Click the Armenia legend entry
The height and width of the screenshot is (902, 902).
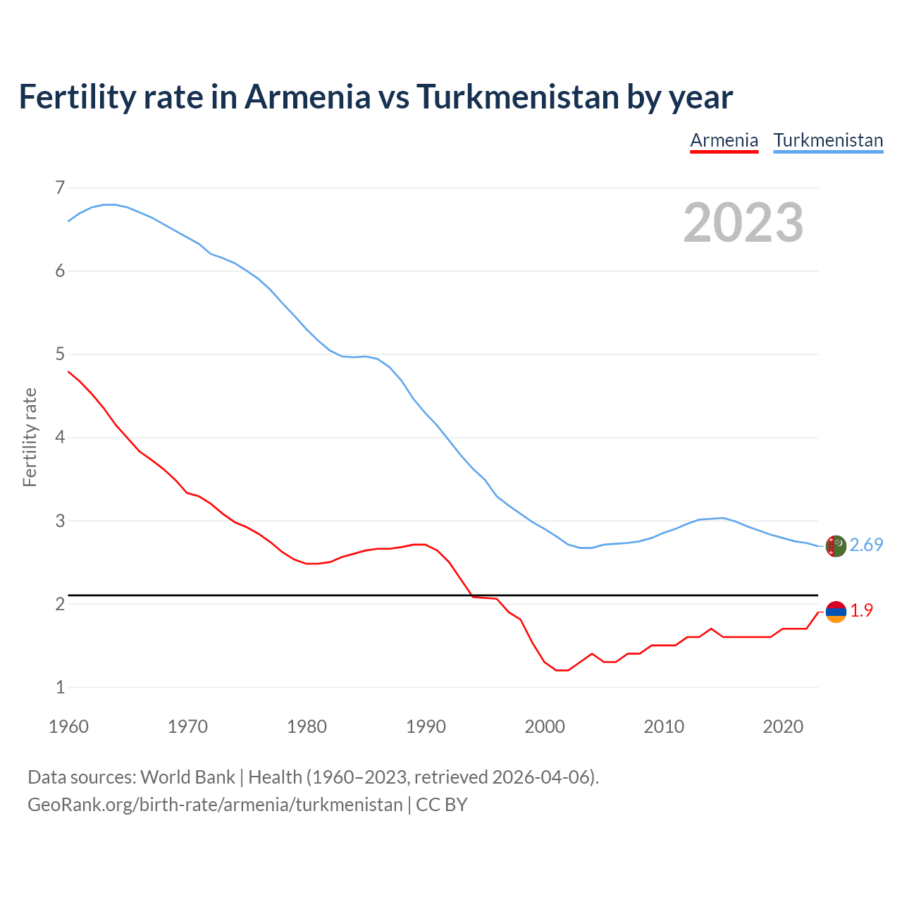point(724,140)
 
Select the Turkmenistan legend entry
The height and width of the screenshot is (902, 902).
point(828,140)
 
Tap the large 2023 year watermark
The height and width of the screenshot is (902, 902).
point(743,223)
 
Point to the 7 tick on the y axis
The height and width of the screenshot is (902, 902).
point(60,187)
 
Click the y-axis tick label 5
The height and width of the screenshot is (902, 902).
point(60,354)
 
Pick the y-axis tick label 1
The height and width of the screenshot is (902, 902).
point(60,687)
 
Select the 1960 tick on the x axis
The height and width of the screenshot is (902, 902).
point(68,727)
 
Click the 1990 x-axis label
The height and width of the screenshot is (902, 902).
point(426,727)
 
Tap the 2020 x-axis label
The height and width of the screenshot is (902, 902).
point(783,727)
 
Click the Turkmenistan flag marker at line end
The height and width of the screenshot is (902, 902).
point(836,546)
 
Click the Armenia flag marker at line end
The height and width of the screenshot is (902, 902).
point(836,612)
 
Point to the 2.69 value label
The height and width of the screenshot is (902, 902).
point(866,545)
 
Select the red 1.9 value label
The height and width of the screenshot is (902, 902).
point(861,610)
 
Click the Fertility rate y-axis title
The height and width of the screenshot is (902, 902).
point(30,437)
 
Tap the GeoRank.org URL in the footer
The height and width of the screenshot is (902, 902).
point(215,805)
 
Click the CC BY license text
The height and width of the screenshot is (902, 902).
point(442,805)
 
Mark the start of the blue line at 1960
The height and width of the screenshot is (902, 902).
point(69,221)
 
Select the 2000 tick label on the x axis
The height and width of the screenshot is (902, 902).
point(545,727)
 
